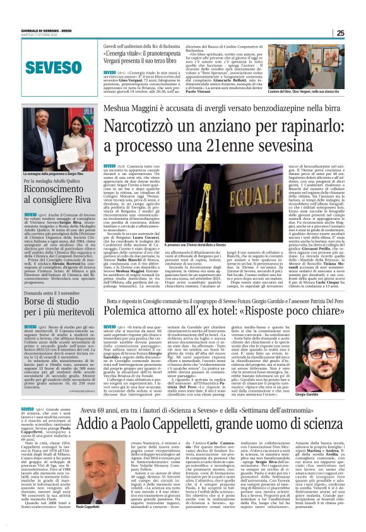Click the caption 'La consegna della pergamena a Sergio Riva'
coord(50,173)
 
